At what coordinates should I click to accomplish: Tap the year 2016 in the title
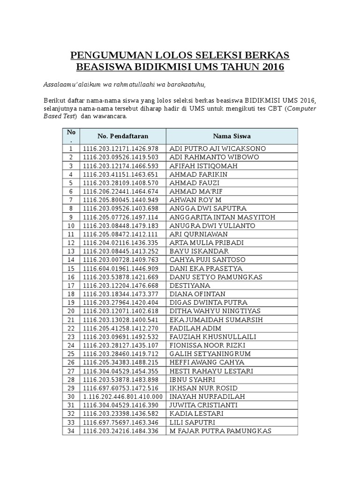click(x=270, y=67)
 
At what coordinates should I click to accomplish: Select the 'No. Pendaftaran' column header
click(x=123, y=136)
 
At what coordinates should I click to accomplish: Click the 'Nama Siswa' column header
click(x=232, y=136)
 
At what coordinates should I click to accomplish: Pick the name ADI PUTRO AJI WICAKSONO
click(x=217, y=149)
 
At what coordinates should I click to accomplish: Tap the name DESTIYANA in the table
click(x=190, y=285)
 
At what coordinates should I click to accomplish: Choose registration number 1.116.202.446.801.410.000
click(x=123, y=397)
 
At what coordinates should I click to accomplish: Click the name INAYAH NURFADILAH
click(x=208, y=397)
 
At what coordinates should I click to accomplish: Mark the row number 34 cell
click(x=71, y=431)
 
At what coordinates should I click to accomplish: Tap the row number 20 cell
click(x=71, y=311)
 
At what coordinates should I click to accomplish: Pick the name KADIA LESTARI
click(x=196, y=414)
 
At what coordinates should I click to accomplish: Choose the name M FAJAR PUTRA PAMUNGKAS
click(x=220, y=431)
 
